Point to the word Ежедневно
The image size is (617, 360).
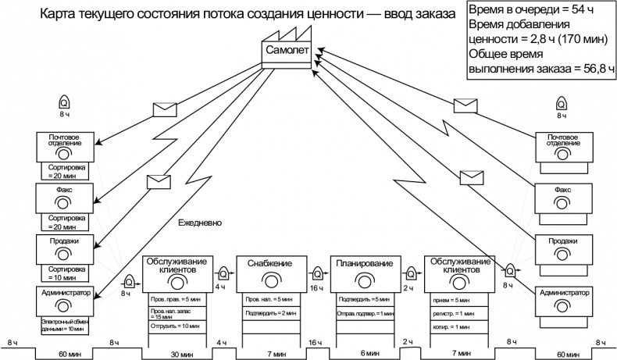[x=201, y=223]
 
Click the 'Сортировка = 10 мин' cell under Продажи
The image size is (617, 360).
[x=66, y=273]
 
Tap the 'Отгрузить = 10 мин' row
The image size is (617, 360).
[x=176, y=326]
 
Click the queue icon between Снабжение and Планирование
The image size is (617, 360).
[x=317, y=273]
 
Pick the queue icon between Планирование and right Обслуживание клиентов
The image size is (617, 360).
[x=412, y=273]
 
